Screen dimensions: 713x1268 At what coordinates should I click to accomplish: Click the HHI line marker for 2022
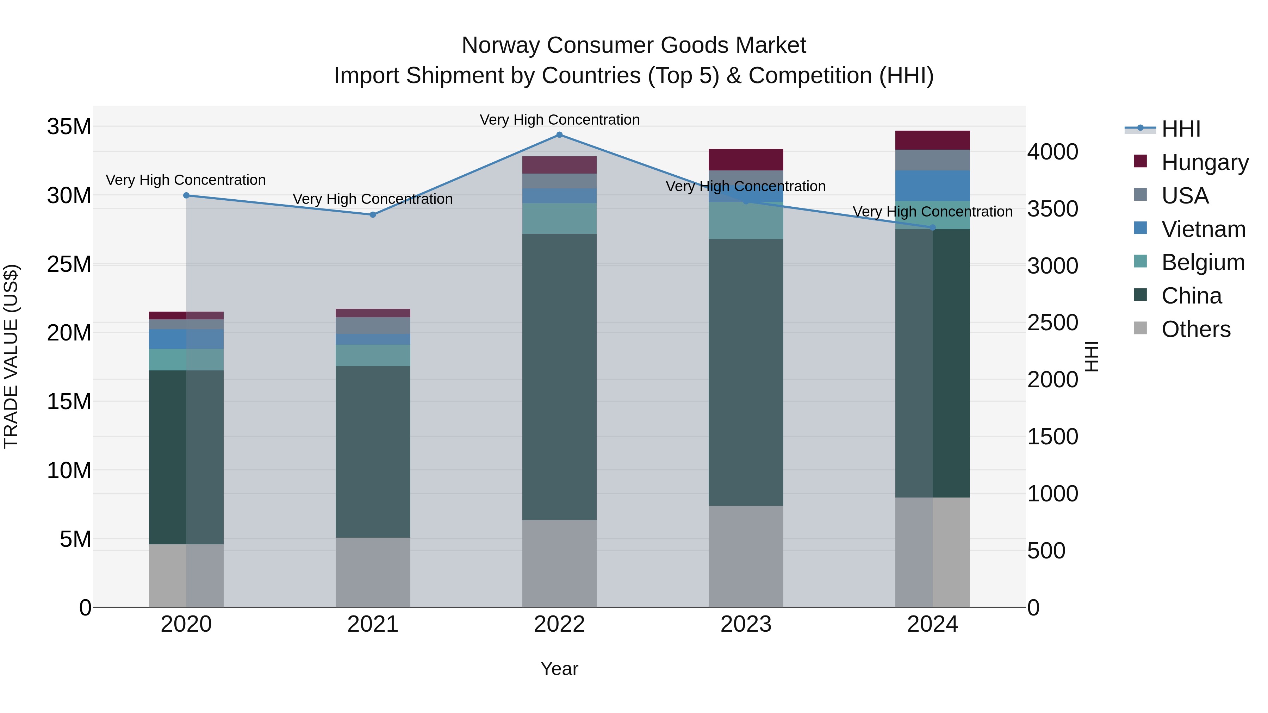pos(559,135)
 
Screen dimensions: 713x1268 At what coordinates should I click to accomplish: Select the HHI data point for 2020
pos(186,195)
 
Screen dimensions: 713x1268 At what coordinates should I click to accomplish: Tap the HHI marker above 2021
pos(373,214)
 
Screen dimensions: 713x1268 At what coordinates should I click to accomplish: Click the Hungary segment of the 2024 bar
pos(932,140)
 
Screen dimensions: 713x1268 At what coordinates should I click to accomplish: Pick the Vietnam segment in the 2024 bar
pos(932,186)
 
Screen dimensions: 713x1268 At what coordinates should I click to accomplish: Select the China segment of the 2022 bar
pos(559,376)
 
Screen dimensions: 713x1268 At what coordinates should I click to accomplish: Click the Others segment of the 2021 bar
pos(373,572)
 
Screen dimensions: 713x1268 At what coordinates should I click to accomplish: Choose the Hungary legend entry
pos(1205,162)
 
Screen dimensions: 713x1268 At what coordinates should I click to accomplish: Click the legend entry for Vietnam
pos(1203,229)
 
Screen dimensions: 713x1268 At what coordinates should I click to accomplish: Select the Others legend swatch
pos(1140,328)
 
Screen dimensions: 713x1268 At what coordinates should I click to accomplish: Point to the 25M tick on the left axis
pos(69,264)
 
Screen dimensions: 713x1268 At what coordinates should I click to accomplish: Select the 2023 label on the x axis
pos(746,624)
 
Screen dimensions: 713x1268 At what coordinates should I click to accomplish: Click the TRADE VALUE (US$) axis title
pos(11,356)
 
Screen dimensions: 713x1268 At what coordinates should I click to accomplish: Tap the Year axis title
pos(559,669)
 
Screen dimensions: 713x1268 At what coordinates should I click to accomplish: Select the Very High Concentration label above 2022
pos(559,120)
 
